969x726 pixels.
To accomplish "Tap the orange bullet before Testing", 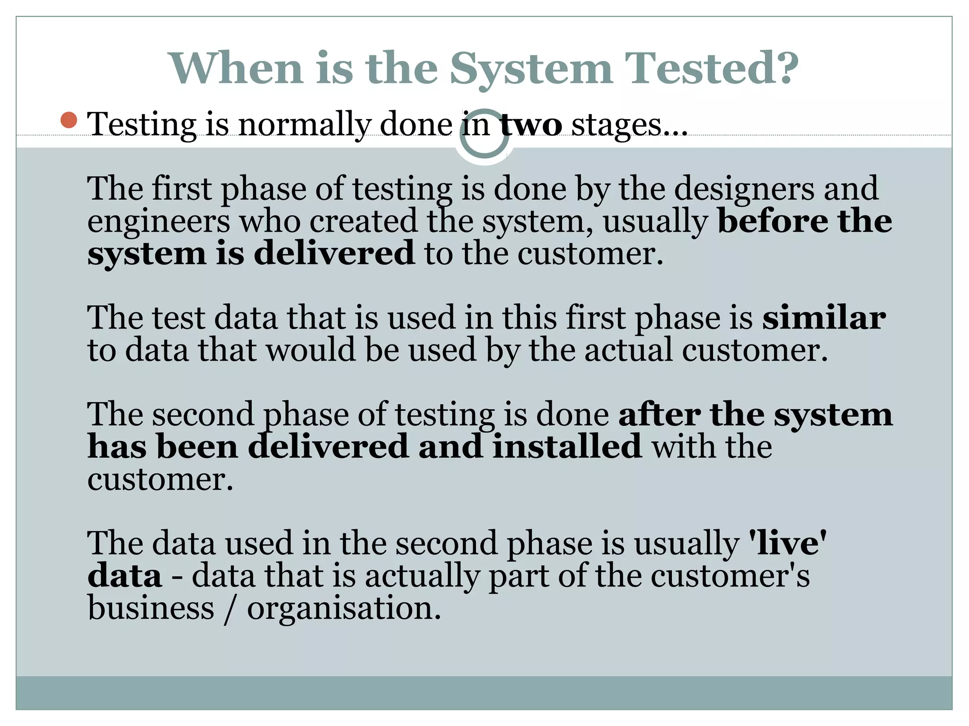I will [69, 120].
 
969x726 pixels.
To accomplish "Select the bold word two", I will [531, 125].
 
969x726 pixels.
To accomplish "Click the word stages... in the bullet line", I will [629, 125].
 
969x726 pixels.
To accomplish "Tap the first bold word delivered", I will [334, 253].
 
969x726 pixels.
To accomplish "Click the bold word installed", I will [567, 447].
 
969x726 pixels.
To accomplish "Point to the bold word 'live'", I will [787, 543].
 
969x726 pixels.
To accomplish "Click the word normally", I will [304, 125].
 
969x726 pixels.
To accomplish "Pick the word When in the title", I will [236, 69].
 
